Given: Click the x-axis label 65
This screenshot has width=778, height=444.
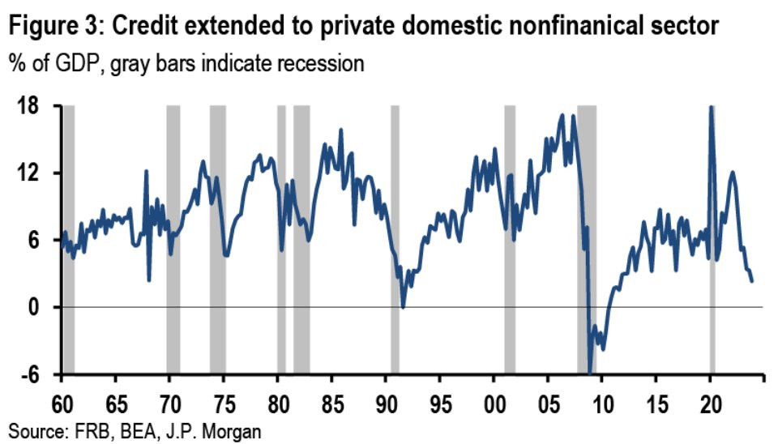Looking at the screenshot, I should coord(116,403).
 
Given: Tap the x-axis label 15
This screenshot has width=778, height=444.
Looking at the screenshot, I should coord(658,403).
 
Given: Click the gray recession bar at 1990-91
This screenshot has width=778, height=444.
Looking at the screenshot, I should coord(395,239).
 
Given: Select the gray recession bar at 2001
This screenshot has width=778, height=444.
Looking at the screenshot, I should coord(510,239).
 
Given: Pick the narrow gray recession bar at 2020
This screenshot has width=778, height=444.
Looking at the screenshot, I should coord(712,239).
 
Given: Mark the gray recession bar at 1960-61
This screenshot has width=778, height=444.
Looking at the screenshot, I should coord(68,239).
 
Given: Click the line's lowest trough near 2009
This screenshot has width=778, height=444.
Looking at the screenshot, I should coord(591,372).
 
